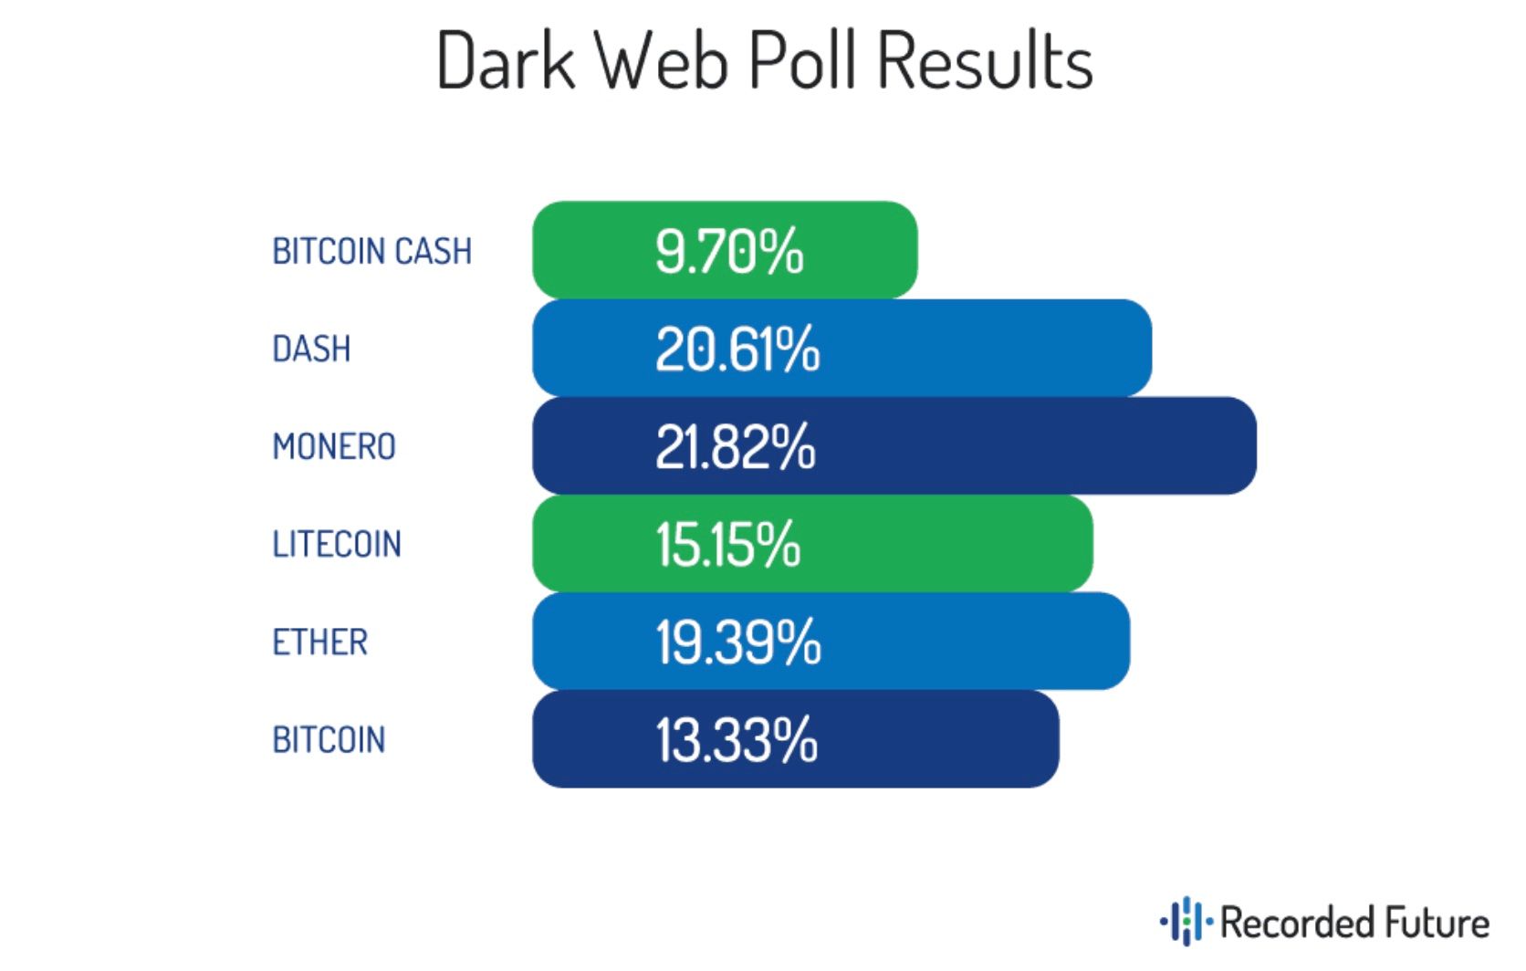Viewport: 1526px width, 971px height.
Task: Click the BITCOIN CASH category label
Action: (x=371, y=251)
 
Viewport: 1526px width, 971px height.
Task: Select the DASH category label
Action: (x=311, y=349)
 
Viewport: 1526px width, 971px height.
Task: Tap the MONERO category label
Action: (x=334, y=446)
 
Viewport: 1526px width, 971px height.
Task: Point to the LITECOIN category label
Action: (x=337, y=544)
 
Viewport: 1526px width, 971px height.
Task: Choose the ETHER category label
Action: (x=319, y=642)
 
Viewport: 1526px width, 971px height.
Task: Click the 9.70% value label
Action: (x=729, y=251)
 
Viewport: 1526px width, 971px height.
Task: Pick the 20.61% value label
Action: (x=737, y=349)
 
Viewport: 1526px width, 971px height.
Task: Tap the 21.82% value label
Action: (x=736, y=446)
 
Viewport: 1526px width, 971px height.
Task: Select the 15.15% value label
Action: (x=728, y=544)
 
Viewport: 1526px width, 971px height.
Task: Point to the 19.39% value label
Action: (x=738, y=642)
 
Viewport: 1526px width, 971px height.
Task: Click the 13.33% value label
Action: (x=737, y=739)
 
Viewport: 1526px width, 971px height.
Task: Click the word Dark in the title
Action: (x=506, y=60)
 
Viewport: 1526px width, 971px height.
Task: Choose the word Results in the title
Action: (x=986, y=60)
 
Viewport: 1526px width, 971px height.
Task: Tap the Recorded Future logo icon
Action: (x=1186, y=922)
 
